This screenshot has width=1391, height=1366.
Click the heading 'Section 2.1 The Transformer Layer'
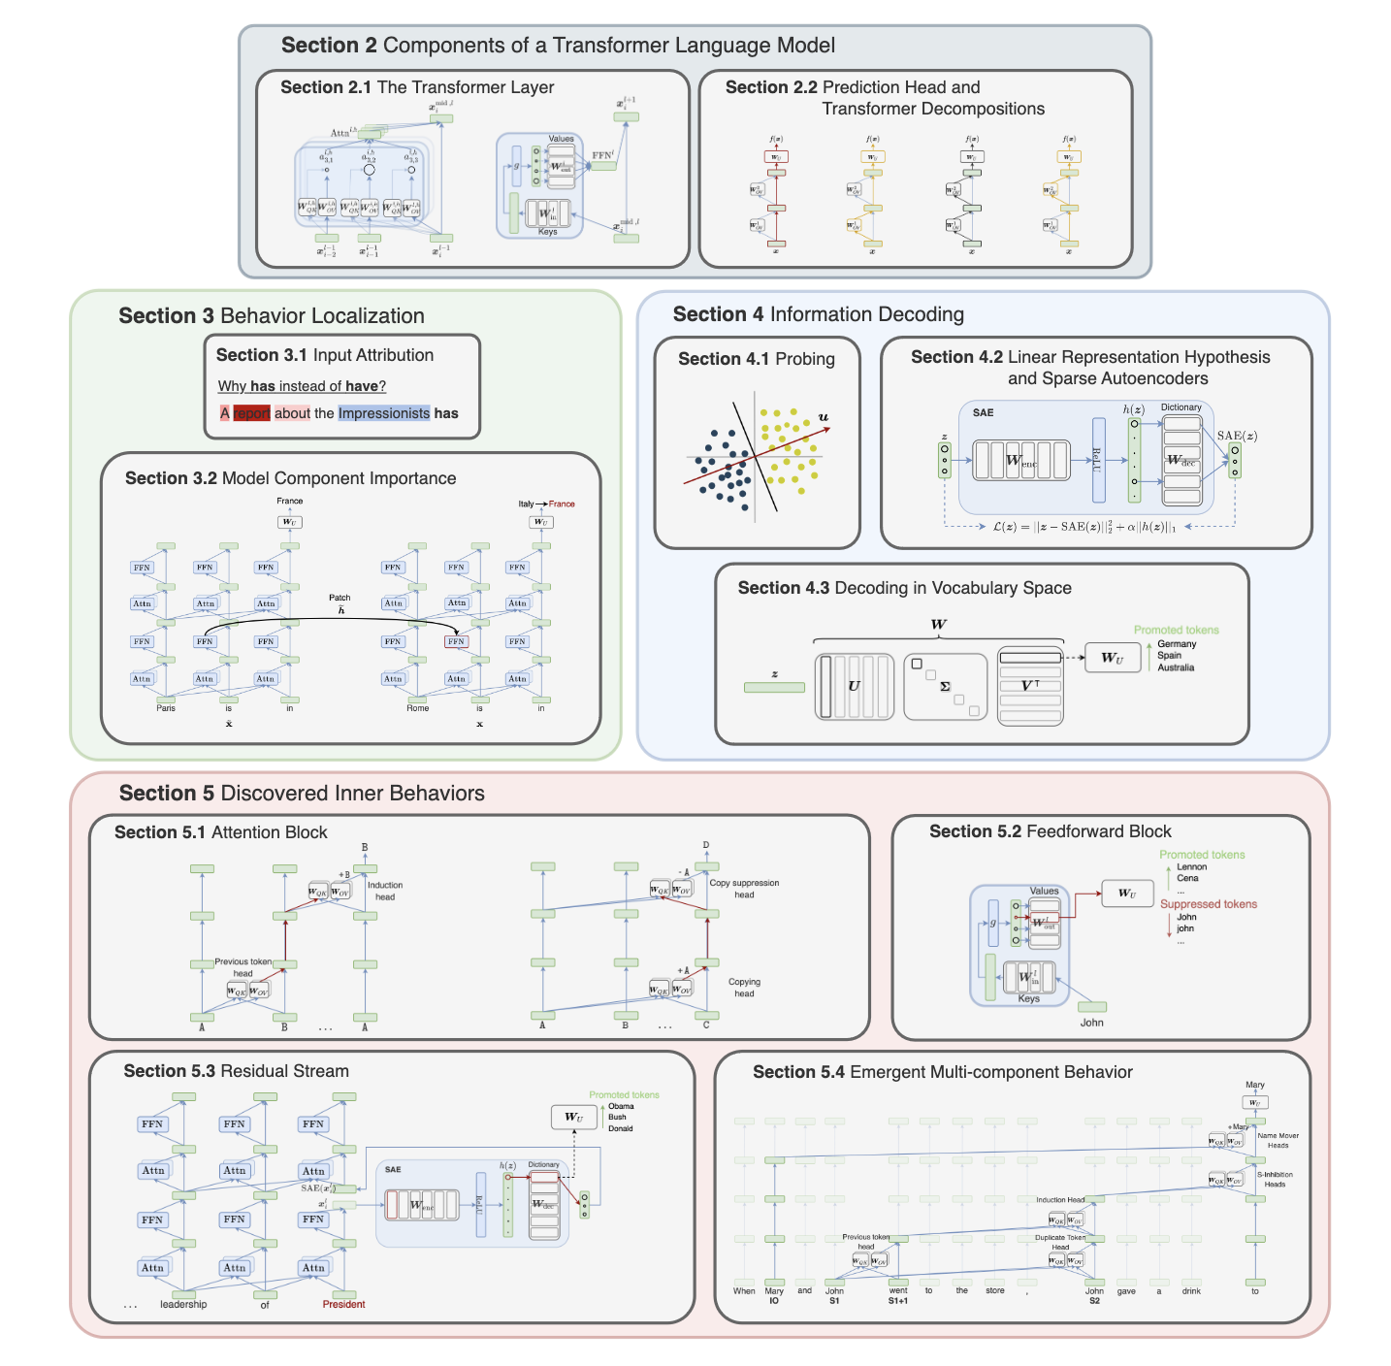point(417,87)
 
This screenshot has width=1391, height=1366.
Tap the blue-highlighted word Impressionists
point(383,413)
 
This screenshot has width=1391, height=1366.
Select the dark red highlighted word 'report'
point(251,413)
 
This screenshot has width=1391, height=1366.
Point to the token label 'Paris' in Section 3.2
point(166,708)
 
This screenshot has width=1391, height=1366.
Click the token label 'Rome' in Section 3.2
point(417,708)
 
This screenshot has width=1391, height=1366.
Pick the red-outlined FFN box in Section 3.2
point(456,641)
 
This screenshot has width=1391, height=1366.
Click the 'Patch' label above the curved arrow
point(340,598)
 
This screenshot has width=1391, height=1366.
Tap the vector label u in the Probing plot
point(824,417)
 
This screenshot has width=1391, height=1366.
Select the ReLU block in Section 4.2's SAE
point(1098,460)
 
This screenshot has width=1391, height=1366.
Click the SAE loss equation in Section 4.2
point(1084,527)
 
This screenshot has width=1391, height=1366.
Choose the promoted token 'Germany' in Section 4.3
point(1177,644)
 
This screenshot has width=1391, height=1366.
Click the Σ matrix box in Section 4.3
point(945,686)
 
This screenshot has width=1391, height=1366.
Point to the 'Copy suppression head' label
point(744,889)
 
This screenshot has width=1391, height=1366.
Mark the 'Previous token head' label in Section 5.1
point(243,967)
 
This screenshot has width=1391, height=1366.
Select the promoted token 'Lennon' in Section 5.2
point(1191,867)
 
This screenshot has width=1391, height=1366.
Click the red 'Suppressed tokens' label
point(1209,904)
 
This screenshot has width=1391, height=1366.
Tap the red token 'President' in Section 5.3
point(343,1304)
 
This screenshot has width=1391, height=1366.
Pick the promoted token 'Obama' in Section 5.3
point(621,1106)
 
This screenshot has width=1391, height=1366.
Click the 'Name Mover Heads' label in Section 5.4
point(1278,1140)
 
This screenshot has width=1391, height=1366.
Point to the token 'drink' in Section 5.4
point(1191,1291)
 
